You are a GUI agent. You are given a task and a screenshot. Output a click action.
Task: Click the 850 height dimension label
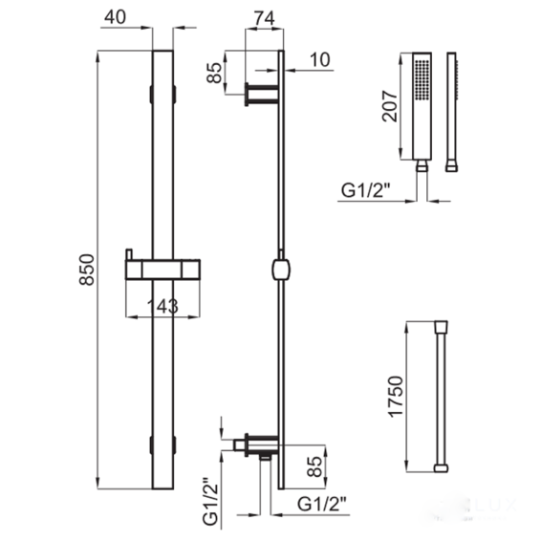coord(87,270)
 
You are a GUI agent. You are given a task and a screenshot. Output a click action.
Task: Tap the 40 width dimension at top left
coord(116,17)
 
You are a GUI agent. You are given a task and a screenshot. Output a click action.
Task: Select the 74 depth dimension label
coord(264,18)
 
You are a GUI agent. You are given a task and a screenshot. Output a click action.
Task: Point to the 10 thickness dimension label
coord(320,59)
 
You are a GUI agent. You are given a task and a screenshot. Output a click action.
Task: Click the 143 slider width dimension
coord(162,306)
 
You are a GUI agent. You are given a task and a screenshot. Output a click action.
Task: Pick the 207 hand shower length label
coord(390,106)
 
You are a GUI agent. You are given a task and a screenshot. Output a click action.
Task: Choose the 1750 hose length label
coord(396,397)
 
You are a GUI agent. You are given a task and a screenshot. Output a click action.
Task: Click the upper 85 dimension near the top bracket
coord(215,73)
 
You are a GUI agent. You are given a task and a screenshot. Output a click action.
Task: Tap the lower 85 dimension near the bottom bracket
coord(314,466)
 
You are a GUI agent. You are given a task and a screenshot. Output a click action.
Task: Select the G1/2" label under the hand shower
coord(366,190)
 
